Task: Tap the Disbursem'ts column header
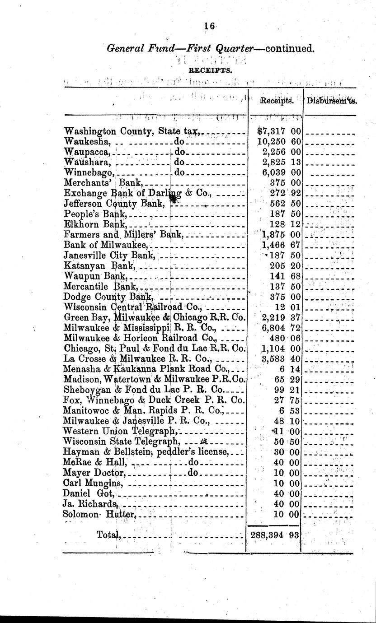[x=332, y=101]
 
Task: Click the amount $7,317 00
[x=278, y=131]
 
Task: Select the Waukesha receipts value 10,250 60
[x=278, y=141]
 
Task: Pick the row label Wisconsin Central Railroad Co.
[x=134, y=307]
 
